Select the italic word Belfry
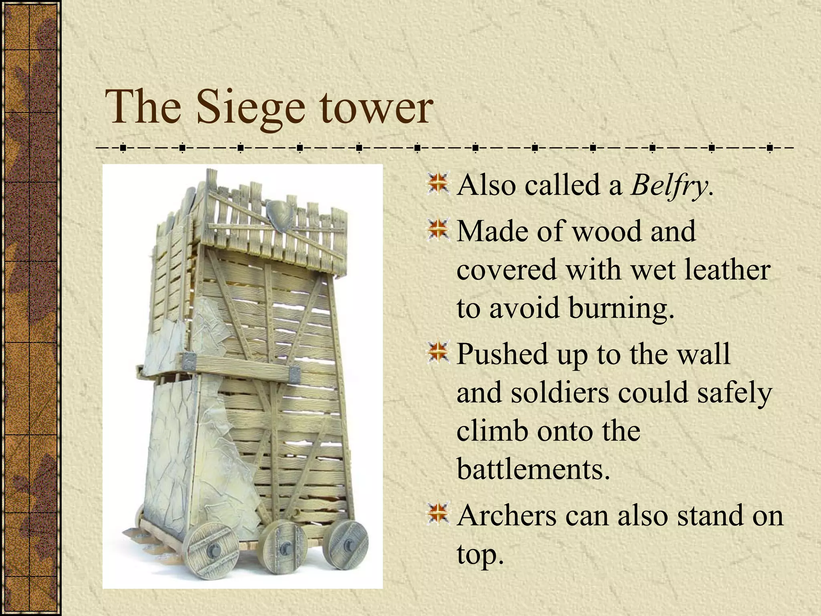pyautogui.click(x=669, y=185)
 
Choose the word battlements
pyautogui.click(x=533, y=468)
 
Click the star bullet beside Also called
pyautogui.click(x=438, y=185)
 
